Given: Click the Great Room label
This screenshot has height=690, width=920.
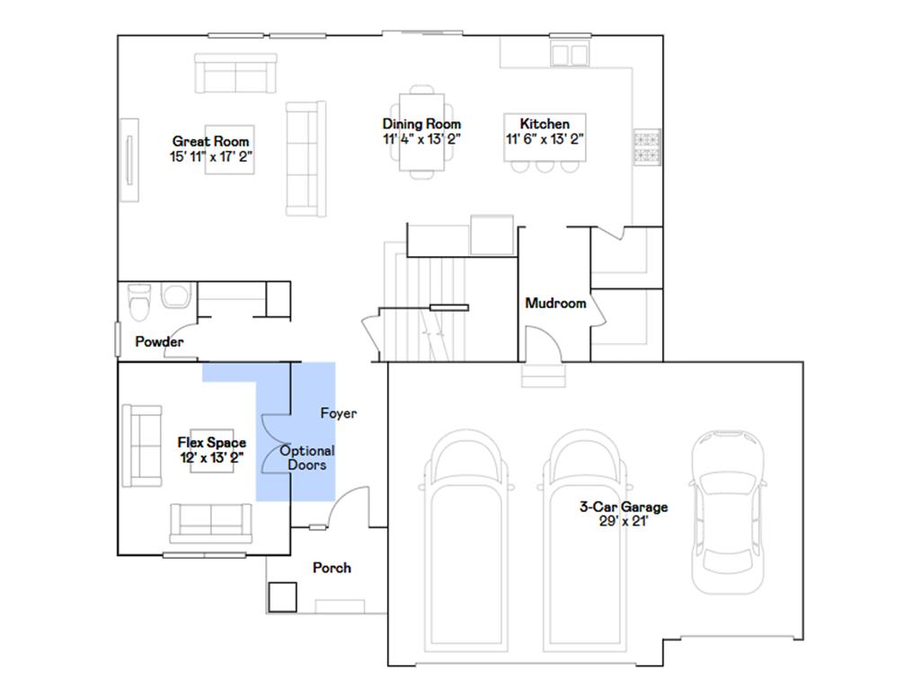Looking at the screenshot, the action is (210, 141).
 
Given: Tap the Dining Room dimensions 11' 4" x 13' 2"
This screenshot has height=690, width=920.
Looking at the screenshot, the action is (422, 139).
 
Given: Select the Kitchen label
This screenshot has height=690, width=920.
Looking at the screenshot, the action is (544, 124).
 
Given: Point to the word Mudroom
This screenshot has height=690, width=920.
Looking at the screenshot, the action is (555, 304).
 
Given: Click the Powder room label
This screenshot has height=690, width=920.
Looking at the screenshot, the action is (159, 341).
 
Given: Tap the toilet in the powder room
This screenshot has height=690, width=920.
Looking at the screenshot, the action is (139, 302).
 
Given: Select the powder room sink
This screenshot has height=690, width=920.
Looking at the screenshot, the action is (176, 295).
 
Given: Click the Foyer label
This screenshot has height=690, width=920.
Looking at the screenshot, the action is (339, 413).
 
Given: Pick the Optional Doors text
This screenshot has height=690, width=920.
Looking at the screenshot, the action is (307, 457).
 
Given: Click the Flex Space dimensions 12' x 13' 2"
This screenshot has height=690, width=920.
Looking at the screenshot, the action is (212, 457).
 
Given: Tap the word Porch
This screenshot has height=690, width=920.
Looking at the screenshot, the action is (332, 568).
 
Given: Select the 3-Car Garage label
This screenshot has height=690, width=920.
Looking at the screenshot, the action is (624, 507).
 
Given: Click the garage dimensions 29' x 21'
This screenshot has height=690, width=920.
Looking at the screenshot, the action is (624, 522).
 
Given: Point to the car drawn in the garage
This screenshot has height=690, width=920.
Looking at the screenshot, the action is (728, 512).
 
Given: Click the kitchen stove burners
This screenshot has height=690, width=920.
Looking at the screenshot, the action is (647, 147).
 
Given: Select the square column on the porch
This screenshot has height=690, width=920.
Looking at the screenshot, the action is (283, 597).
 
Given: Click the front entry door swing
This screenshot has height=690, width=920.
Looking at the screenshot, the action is (349, 507).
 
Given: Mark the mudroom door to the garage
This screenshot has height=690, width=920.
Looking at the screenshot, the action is (544, 344).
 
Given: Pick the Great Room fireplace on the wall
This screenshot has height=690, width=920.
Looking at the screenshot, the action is (129, 160).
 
